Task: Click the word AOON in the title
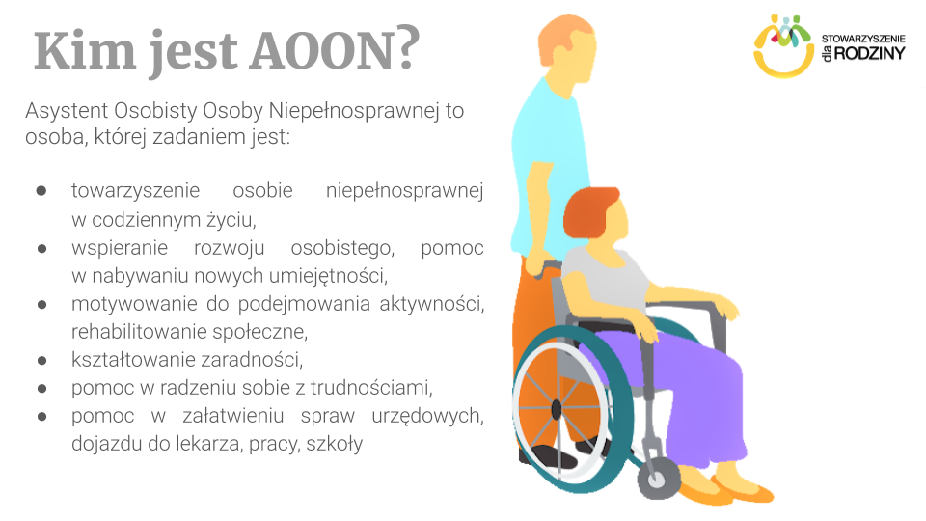[332, 50]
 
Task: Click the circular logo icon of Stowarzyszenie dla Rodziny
[783, 45]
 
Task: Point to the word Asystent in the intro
[64, 111]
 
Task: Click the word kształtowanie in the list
[128, 360]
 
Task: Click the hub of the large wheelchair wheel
[556, 409]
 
